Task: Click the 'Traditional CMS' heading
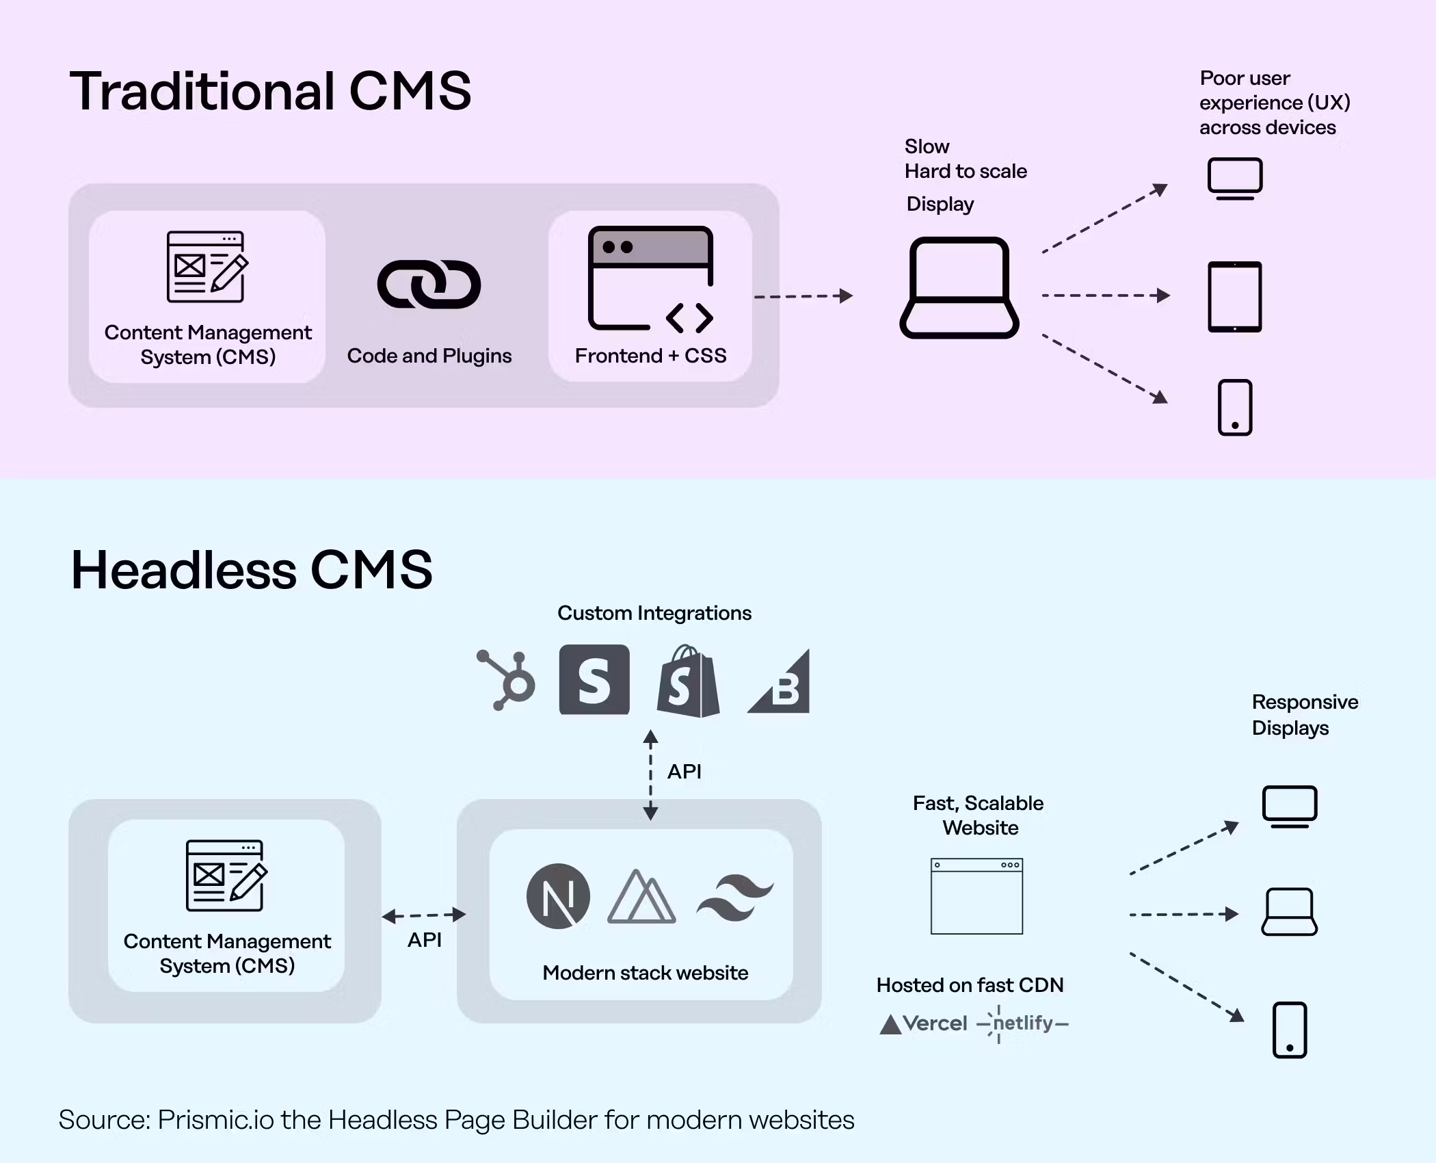270,91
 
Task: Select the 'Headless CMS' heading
252,570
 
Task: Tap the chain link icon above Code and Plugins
429,284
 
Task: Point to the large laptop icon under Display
959,288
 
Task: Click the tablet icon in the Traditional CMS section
1234,297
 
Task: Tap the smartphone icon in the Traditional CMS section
1235,408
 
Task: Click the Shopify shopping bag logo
688,681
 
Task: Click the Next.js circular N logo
558,896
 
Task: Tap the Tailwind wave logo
735,898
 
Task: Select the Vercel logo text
923,1023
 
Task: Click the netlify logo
1023,1023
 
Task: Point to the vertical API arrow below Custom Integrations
650,774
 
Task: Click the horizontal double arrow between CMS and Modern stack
424,915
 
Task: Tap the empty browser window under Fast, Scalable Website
976,896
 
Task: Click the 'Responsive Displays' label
1304,715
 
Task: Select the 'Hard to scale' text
966,171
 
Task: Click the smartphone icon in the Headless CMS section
1290,1030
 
